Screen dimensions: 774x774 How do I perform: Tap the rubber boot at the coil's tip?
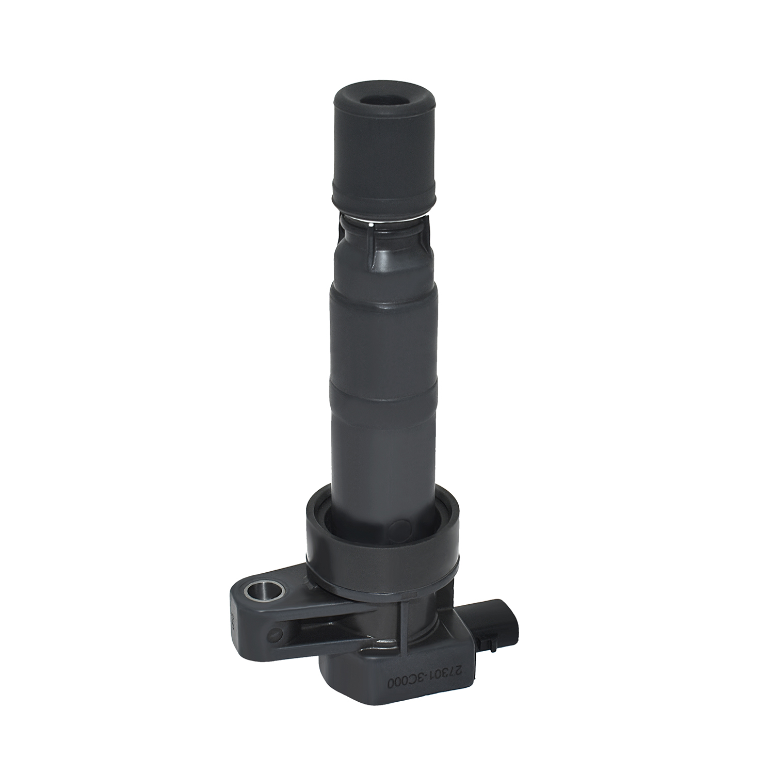point(384,150)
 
